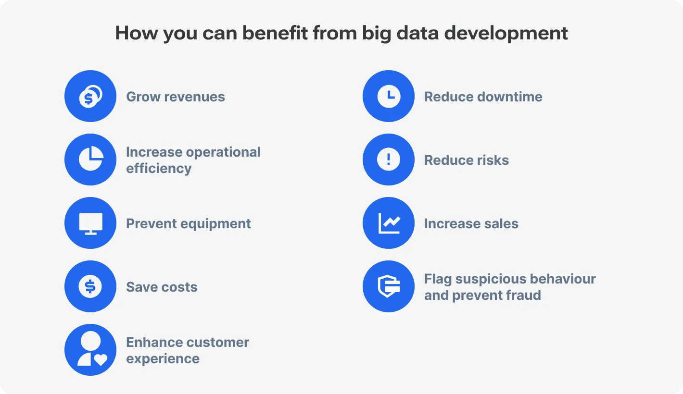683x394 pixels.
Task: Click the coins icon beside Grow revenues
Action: point(90,96)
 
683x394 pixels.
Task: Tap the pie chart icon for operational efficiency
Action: point(90,160)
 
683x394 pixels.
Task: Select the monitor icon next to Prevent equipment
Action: point(90,223)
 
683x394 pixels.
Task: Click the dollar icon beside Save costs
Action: point(90,286)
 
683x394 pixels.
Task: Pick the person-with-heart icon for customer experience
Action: point(90,350)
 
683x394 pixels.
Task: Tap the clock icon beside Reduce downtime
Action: point(389,96)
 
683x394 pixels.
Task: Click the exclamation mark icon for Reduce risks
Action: point(389,160)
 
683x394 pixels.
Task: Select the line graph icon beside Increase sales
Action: point(389,223)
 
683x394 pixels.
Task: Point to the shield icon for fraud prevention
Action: point(389,286)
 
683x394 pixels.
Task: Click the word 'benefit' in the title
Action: point(276,33)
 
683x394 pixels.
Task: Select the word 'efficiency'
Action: point(159,169)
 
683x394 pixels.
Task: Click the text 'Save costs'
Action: point(162,287)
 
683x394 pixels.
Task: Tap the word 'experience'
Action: point(163,359)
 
